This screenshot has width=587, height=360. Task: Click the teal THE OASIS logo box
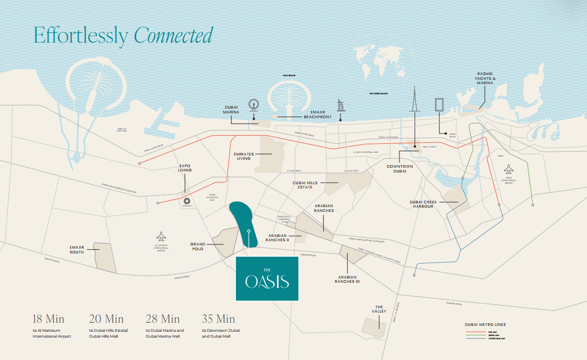(267, 279)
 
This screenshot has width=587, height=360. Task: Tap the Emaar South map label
(77, 249)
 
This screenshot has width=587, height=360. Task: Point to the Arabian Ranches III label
(347, 279)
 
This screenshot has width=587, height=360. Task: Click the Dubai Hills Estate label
(305, 184)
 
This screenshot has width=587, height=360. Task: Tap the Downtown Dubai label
(400, 168)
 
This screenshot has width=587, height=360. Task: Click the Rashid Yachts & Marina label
(485, 77)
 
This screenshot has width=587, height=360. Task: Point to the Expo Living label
(185, 168)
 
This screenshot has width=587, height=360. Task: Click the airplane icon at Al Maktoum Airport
(161, 236)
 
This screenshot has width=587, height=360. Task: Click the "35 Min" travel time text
(218, 319)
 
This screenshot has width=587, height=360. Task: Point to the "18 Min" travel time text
(48, 319)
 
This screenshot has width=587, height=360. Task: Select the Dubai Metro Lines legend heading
(485, 324)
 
